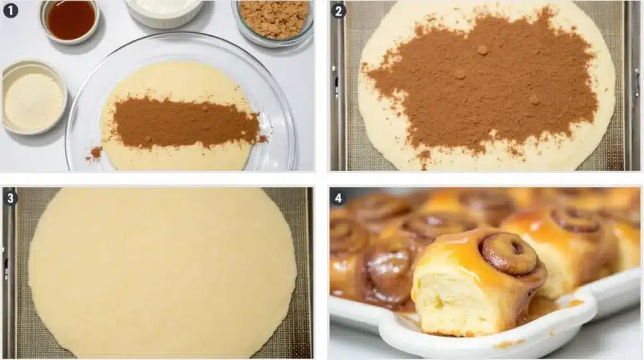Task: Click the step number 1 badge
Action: (10, 10)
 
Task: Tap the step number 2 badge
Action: (338, 10)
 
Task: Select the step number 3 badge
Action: (10, 198)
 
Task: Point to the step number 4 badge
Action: (338, 198)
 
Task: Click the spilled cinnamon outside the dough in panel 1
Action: (96, 152)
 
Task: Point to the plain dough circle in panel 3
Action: (162, 271)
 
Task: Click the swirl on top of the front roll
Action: (509, 253)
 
